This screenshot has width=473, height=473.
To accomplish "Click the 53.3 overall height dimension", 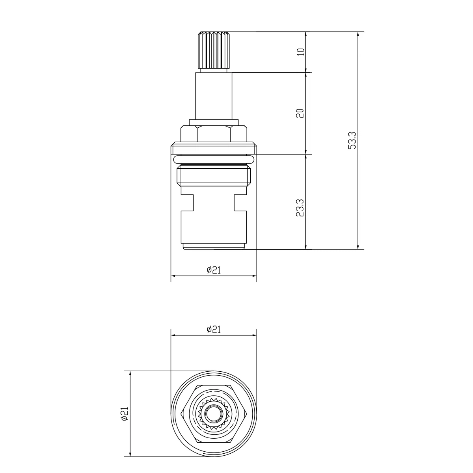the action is coord(352,140).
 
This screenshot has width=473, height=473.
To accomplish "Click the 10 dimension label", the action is coord(301,52).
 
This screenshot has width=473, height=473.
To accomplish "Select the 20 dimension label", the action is coord(300,114).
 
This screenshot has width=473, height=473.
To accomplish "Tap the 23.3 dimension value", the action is coord(300,208).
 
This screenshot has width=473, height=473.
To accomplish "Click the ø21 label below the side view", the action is coord(214,270).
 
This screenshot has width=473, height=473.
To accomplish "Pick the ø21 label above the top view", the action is coord(214,330).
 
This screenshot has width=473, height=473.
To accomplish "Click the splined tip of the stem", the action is coord(214,50).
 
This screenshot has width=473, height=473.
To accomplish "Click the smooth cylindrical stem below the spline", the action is coord(214,96).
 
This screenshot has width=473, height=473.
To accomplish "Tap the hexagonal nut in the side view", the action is coord(214,134).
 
